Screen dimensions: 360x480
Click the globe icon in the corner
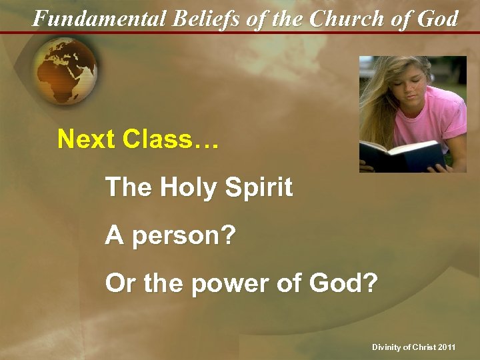tap(65, 70)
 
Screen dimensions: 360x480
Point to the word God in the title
tap(437, 18)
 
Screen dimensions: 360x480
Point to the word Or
tap(119, 284)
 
